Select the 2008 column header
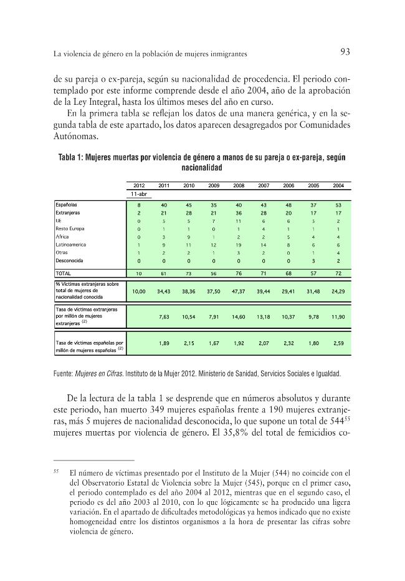coord(238,186)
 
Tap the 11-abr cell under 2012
coord(139,194)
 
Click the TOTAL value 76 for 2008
coord(238,273)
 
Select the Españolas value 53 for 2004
coord(338,204)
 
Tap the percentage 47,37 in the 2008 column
coord(238,291)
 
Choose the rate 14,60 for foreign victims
coord(238,317)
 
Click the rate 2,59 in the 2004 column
coord(338,343)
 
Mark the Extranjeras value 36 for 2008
coord(238,212)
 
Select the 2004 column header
coord(338,186)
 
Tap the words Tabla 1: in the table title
coord(74,158)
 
